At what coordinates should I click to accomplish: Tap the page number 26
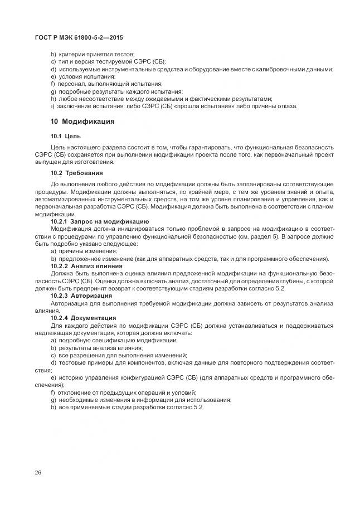[x=38, y=473]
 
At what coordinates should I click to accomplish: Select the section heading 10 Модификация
[x=82, y=121]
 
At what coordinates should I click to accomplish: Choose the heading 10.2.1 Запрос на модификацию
[x=100, y=221]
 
